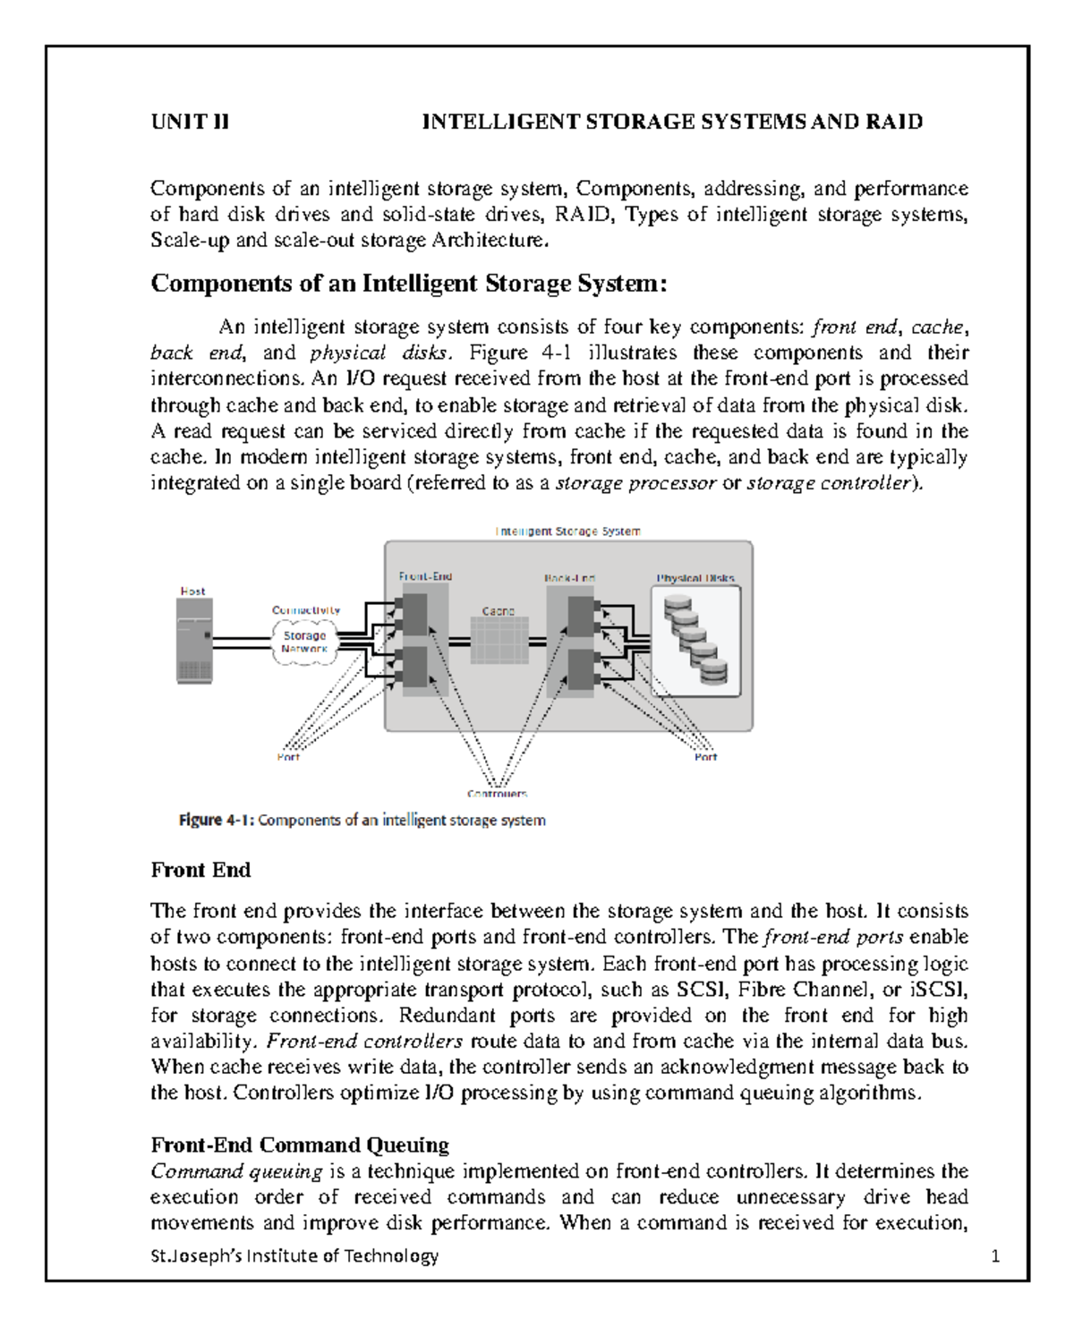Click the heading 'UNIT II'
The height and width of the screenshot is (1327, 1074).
click(x=190, y=122)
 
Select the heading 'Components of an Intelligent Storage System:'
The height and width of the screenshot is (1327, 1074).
click(x=409, y=284)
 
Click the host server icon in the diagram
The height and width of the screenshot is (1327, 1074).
click(x=194, y=641)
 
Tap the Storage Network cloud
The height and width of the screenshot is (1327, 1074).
click(x=304, y=642)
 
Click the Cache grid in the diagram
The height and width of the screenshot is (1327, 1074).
click(x=499, y=642)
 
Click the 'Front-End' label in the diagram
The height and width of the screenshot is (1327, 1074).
click(x=425, y=577)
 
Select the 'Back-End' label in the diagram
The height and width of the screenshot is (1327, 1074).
click(x=570, y=578)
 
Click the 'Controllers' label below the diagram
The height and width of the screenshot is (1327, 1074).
click(x=497, y=794)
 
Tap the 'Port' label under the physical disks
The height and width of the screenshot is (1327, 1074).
click(x=705, y=757)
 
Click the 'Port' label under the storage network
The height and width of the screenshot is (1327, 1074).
click(x=288, y=757)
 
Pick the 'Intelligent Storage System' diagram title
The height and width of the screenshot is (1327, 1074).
click(x=568, y=532)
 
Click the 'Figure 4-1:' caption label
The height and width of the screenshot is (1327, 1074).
click(x=217, y=821)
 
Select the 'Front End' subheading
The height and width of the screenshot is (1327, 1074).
click(x=200, y=870)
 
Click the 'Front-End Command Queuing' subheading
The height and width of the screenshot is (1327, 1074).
click(x=300, y=1145)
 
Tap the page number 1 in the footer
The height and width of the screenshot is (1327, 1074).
click(x=995, y=1256)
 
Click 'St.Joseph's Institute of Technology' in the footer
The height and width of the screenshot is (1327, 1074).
click(x=294, y=1256)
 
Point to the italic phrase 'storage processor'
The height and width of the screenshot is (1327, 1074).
click(x=635, y=483)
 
